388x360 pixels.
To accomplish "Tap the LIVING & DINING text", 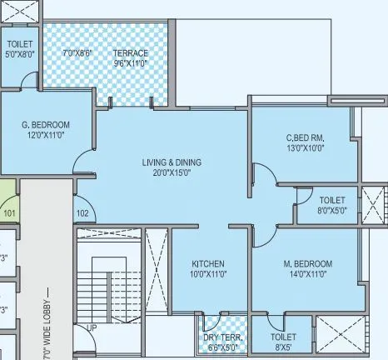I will (x=172, y=162).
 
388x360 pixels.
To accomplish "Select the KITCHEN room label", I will (x=207, y=264).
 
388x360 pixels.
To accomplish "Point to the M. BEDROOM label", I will (x=306, y=263).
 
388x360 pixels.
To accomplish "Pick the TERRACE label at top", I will (x=131, y=53).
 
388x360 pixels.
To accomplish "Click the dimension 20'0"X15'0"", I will (x=172, y=173).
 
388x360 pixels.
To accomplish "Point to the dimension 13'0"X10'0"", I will (x=306, y=150).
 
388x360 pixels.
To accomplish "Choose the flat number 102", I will (x=82, y=213).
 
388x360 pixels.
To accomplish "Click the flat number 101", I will (x=9, y=213).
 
